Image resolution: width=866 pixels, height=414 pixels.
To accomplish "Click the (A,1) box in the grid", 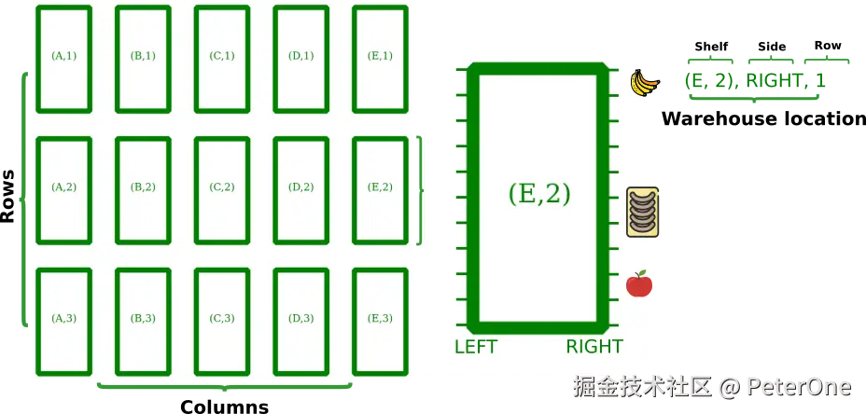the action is click(63, 58).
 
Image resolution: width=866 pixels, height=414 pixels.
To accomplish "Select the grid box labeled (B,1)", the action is click(143, 58).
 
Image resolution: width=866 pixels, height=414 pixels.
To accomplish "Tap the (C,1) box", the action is click(222, 58).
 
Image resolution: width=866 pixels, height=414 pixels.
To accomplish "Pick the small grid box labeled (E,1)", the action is click(380, 58).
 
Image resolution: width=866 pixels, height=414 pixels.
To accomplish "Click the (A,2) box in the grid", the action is click(63, 188).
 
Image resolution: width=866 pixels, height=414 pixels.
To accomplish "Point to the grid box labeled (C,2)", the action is click(222, 188).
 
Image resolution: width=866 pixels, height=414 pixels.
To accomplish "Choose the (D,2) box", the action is click(300, 188).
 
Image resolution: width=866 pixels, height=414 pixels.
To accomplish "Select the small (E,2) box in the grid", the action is click(380, 188).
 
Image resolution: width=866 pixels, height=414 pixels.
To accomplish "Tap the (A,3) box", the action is click(63, 320).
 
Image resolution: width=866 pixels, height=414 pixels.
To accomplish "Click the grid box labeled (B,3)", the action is click(143, 320).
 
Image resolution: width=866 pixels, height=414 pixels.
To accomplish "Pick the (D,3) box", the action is click(300, 320).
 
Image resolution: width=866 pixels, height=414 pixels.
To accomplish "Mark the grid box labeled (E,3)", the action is click(380, 320).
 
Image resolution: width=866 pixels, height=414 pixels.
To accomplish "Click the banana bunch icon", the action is click(643, 83).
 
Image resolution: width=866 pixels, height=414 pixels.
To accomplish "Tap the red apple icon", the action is click(638, 283).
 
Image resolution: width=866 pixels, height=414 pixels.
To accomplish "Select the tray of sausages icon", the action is click(643, 210).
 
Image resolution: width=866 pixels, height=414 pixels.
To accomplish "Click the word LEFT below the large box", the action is click(476, 348).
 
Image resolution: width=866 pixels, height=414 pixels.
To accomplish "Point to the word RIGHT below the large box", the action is click(594, 348).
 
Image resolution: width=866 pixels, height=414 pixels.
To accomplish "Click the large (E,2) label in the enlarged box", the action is click(539, 194).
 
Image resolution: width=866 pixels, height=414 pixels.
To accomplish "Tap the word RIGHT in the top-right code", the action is click(774, 81).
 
